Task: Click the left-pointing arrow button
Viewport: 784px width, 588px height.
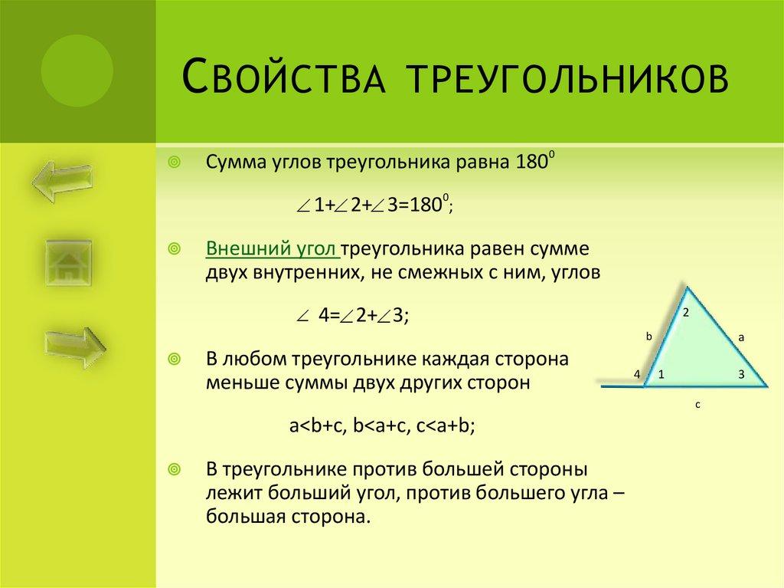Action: tap(62, 179)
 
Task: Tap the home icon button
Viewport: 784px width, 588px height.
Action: tap(68, 264)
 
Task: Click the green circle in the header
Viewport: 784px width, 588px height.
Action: tap(77, 71)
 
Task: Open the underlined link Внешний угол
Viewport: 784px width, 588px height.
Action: tap(272, 250)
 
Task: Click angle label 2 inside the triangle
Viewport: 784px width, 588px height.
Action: tap(686, 312)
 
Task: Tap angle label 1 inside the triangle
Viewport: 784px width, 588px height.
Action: tap(661, 374)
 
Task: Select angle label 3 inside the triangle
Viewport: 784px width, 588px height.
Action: tap(740, 374)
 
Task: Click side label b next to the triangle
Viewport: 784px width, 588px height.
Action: tap(648, 336)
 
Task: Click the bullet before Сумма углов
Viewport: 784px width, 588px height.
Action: tap(175, 163)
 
